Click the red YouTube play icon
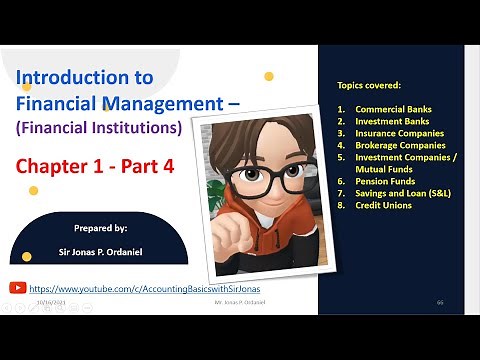pos(17,286)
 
